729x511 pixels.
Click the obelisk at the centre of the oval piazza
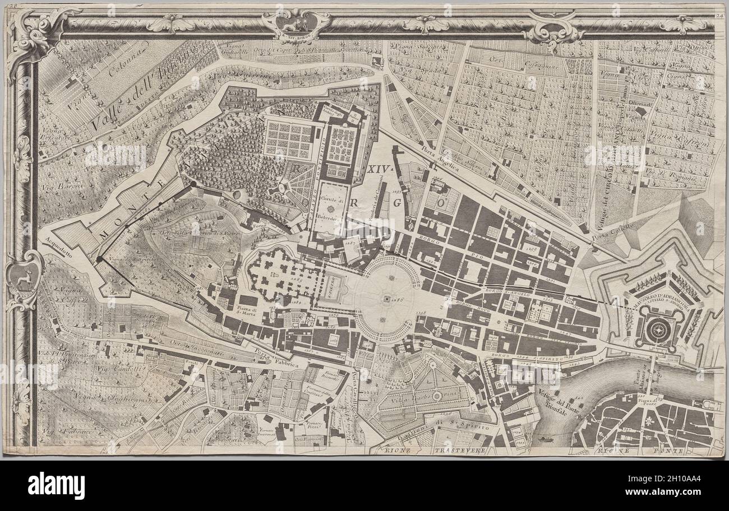click(387, 300)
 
